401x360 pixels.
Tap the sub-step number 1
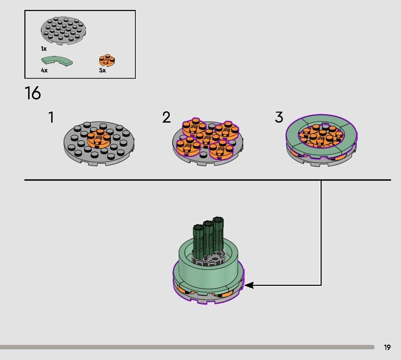click(52, 117)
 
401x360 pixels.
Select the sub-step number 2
click(166, 117)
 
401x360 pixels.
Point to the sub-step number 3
click(279, 117)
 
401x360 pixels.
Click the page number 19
click(387, 347)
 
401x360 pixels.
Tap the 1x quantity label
click(44, 48)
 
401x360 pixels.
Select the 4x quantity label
click(44, 70)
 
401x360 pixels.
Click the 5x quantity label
click(102, 70)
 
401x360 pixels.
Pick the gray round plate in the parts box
click(63, 31)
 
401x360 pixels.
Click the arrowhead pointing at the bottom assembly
click(249, 285)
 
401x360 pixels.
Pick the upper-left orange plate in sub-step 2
click(194, 127)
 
